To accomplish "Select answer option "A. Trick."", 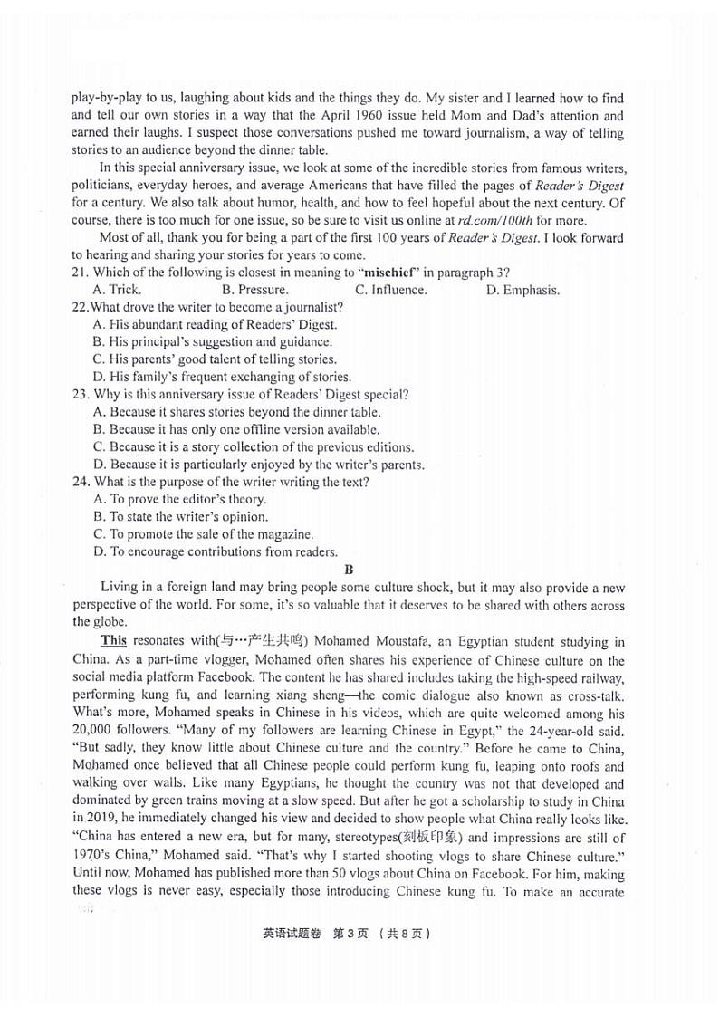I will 117,290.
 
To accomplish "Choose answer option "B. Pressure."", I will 255,290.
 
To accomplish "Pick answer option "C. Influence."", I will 391,290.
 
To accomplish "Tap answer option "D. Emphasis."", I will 522,290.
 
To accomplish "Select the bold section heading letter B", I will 349,570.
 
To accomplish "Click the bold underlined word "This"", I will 113,640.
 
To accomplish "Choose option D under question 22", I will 222,377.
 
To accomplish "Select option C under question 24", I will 204,534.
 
